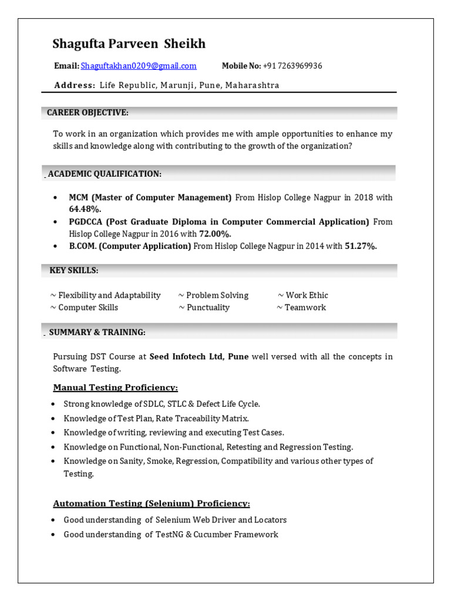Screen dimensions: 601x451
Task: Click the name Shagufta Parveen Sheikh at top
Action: tap(129, 44)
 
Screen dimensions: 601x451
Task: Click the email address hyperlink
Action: tap(139, 66)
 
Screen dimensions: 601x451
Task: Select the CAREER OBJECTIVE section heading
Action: tap(87, 113)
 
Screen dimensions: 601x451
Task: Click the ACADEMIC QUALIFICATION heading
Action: tap(105, 174)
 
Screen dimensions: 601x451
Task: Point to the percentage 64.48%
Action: tap(85, 209)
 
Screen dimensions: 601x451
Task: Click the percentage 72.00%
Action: tap(215, 234)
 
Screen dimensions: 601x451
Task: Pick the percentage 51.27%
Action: tap(361, 246)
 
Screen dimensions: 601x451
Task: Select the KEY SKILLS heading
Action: tap(73, 270)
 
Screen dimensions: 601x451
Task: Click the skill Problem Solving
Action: tap(217, 295)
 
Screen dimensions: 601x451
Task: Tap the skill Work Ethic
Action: tap(307, 295)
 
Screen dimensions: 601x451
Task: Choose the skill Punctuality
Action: tap(208, 308)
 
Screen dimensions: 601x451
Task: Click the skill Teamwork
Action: tap(305, 308)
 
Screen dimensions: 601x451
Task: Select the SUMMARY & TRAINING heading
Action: tap(97, 332)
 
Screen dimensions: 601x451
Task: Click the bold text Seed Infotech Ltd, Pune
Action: tap(198, 356)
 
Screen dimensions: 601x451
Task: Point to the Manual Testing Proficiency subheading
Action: tap(115, 387)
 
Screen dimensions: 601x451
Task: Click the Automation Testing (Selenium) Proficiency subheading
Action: tap(152, 504)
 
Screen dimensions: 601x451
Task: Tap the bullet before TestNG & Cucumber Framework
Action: tap(53, 535)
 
